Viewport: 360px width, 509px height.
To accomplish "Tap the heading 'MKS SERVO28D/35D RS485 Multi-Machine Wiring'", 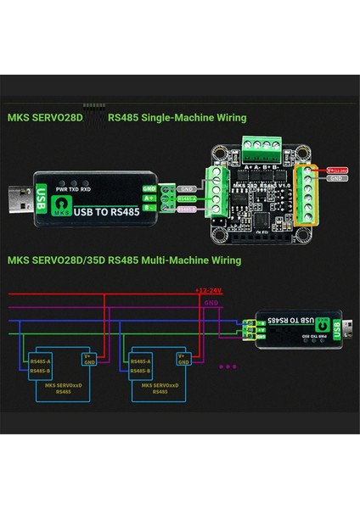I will [125, 260].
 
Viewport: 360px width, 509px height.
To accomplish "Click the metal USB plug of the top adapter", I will [18, 201].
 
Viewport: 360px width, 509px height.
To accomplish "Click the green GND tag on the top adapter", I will [149, 187].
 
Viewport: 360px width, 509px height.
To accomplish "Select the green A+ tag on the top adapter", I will [149, 199].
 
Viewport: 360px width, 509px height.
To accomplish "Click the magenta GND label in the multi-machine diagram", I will [211, 302].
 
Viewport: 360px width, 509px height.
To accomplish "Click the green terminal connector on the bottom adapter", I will [249, 329].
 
